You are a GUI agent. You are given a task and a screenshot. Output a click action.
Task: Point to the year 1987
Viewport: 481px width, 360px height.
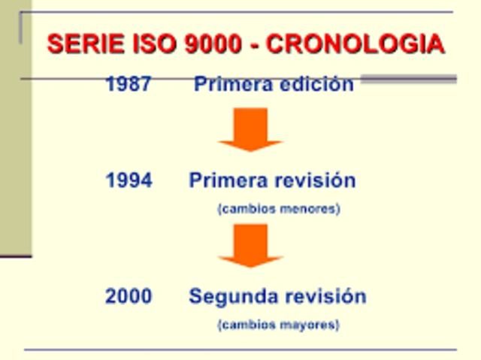coord(129,84)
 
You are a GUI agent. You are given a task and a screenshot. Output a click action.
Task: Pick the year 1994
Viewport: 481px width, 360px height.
coord(129,181)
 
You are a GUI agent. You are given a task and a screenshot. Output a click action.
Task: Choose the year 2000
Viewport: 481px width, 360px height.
coord(129,296)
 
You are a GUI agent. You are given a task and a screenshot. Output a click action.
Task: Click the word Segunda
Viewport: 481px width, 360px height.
coord(228,296)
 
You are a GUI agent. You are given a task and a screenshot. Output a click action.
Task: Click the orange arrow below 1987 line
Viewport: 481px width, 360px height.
coord(250,129)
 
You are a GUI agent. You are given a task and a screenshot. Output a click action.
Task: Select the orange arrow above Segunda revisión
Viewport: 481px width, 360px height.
coord(250,245)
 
